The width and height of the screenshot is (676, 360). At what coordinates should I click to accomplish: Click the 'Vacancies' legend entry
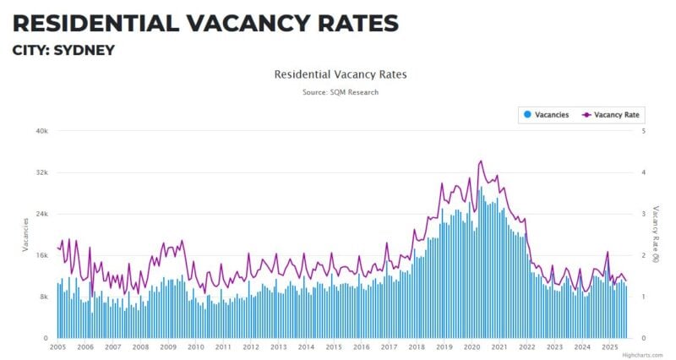pos(546,114)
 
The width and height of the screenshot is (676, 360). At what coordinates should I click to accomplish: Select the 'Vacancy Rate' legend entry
pos(611,114)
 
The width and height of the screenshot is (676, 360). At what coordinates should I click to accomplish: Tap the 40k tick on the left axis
pos(41,131)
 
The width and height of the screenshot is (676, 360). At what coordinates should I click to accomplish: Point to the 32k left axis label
pos(41,172)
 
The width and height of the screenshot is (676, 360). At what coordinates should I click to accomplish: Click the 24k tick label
pos(41,214)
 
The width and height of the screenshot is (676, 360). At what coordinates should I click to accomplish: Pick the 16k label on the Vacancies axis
pos(41,255)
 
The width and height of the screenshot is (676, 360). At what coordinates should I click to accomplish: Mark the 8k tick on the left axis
pos(43,297)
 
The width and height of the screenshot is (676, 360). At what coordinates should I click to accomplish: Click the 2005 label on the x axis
pos(57,347)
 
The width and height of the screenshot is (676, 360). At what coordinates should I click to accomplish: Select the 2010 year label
pos(195,347)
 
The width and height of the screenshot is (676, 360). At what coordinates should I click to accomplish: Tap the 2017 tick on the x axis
pos(389,347)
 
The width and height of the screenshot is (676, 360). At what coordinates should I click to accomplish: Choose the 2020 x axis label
pos(472,347)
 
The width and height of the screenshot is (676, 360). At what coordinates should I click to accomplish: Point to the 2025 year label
pos(609,347)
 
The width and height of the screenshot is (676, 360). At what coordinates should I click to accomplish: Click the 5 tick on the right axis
pos(644,131)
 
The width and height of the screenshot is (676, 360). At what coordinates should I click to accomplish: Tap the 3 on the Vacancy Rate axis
pos(644,214)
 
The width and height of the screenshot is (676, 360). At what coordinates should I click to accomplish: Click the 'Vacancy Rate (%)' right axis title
pos(657,234)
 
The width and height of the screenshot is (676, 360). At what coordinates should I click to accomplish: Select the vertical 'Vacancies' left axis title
pos(25,234)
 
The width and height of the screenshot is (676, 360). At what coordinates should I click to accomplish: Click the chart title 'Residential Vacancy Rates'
pos(341,74)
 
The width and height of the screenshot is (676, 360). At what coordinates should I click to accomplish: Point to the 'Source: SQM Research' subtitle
pos(341,92)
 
